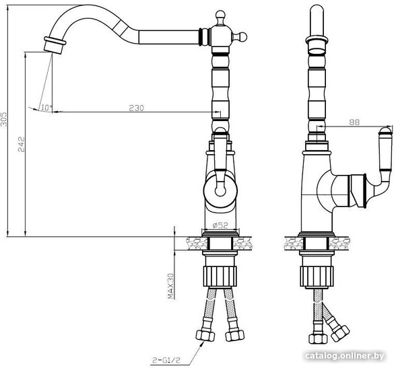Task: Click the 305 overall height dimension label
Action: (x=4, y=119)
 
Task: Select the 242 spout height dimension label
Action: (x=22, y=144)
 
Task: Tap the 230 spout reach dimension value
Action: (x=136, y=108)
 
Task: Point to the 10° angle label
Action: (x=46, y=108)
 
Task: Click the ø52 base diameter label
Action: (x=220, y=225)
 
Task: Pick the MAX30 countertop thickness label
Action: (x=170, y=286)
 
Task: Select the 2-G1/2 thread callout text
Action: (x=166, y=360)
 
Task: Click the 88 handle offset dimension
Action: (x=354, y=122)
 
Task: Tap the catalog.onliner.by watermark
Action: (x=344, y=356)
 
